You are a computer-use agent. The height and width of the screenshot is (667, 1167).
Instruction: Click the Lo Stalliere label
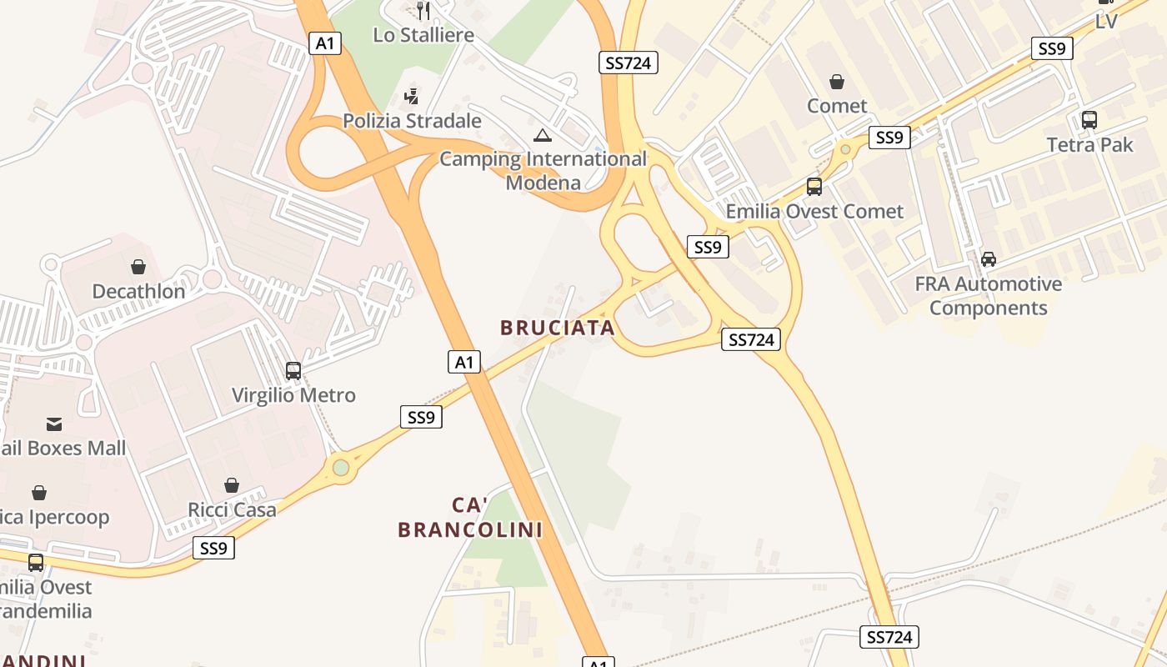click(x=423, y=35)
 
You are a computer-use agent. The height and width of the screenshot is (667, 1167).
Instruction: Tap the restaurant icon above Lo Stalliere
click(x=423, y=11)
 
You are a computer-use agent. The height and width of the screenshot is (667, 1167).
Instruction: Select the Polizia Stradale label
click(x=412, y=121)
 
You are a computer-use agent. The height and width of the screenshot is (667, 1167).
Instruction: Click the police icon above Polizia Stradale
click(x=411, y=97)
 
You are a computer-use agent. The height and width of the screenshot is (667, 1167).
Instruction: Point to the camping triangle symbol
click(x=543, y=135)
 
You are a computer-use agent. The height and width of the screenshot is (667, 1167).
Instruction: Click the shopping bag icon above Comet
click(x=837, y=82)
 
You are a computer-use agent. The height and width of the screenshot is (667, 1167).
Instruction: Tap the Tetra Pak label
click(x=1089, y=144)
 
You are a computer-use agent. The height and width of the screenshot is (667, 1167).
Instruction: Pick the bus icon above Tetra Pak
click(x=1089, y=120)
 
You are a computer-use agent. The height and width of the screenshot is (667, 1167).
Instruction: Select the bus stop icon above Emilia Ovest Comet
click(x=814, y=187)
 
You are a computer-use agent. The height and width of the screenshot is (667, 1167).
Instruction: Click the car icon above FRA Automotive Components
click(x=988, y=259)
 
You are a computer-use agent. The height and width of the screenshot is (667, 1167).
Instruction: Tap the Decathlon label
click(x=138, y=291)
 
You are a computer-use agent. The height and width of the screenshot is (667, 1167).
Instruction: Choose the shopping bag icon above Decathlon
click(x=138, y=267)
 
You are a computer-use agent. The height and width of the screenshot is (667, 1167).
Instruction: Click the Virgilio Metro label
click(x=293, y=395)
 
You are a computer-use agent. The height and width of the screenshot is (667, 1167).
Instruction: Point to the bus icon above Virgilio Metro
click(x=293, y=371)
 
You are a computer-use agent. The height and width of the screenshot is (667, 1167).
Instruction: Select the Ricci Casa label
click(x=232, y=509)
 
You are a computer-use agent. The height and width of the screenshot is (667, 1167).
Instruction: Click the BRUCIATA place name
click(x=558, y=328)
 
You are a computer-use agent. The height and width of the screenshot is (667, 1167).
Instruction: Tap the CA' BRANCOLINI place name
click(x=470, y=517)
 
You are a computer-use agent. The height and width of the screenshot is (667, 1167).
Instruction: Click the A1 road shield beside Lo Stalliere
click(x=325, y=43)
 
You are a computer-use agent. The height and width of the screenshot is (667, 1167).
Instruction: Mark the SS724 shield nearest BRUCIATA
click(x=751, y=339)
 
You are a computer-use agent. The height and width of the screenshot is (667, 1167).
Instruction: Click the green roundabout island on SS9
click(x=341, y=467)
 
